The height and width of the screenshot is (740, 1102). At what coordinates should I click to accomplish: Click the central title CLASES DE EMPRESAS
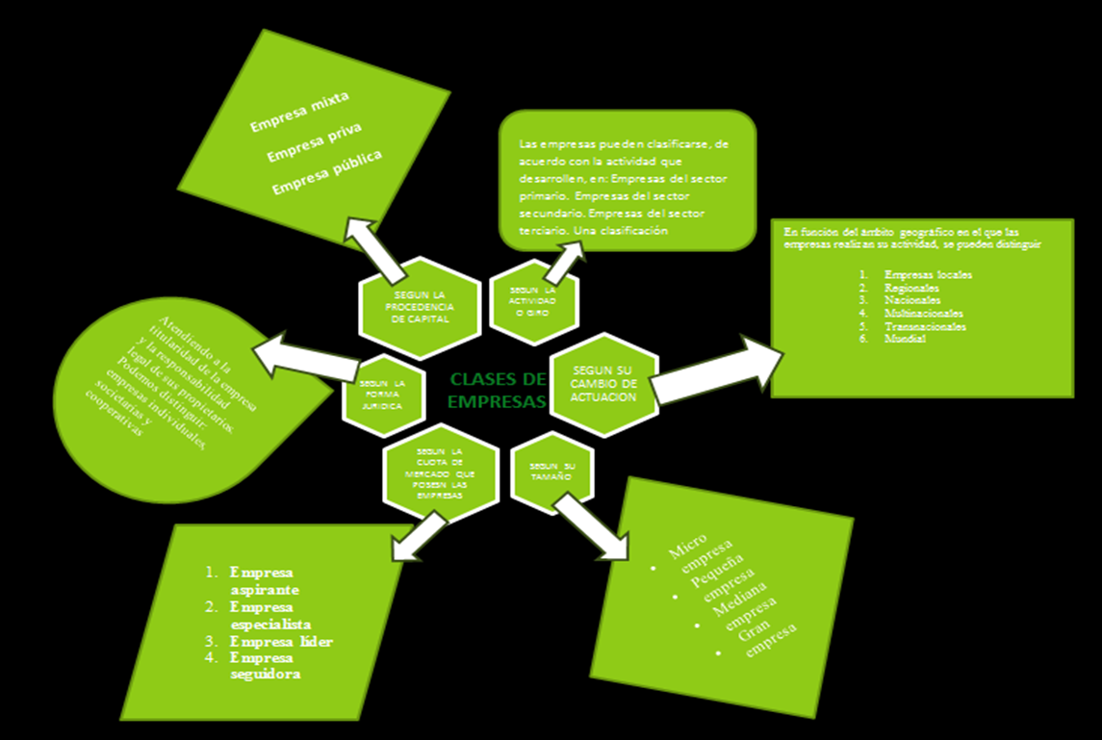tap(498, 390)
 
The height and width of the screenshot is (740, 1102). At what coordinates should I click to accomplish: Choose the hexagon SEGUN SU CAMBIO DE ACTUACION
tap(604, 383)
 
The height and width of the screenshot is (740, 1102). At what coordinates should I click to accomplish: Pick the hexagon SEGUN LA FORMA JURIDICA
tap(382, 396)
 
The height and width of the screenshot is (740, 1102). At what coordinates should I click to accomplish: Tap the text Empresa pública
tap(326, 172)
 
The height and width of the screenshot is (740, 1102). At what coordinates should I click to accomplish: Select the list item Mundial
tap(906, 339)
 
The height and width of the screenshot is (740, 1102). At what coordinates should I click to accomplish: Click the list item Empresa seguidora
tap(265, 666)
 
